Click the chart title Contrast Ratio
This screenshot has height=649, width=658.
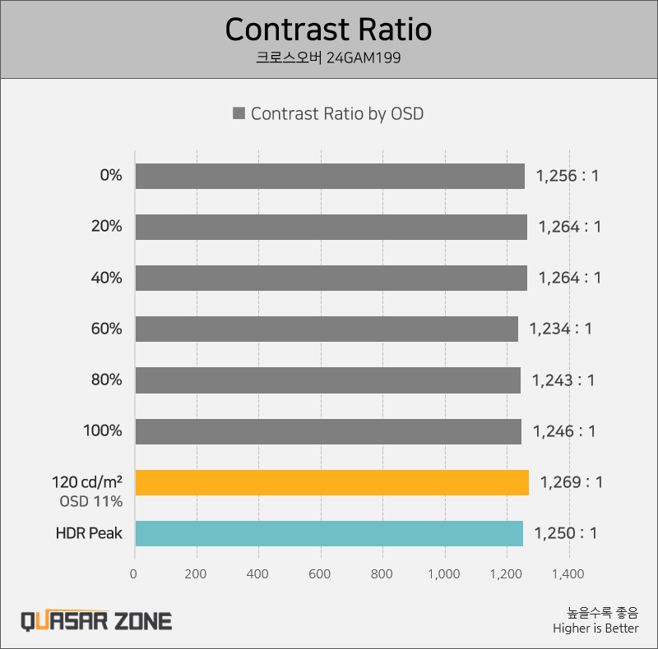[x=328, y=30]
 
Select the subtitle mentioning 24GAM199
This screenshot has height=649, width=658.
[x=328, y=58]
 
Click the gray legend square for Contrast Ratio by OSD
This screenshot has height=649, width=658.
[x=239, y=114]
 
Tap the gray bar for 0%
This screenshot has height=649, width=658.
[x=330, y=176]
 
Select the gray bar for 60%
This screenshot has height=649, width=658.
[x=327, y=329]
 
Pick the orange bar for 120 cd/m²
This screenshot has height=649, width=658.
[x=331, y=482]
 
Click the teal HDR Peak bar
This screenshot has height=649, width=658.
[x=329, y=533]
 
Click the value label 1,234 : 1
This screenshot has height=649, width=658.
[x=560, y=329]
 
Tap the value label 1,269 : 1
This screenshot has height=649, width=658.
[x=572, y=482]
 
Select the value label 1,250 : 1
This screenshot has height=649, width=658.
[x=566, y=533]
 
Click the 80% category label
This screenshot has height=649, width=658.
[x=107, y=380]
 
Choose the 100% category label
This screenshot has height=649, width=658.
[x=103, y=431]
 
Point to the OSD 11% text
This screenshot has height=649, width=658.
[x=91, y=500]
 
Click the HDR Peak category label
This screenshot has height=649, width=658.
[x=89, y=533]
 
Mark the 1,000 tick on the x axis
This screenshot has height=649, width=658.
[x=444, y=574]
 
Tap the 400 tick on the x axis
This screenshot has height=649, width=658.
[x=258, y=574]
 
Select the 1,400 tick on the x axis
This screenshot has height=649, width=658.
[x=568, y=574]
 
